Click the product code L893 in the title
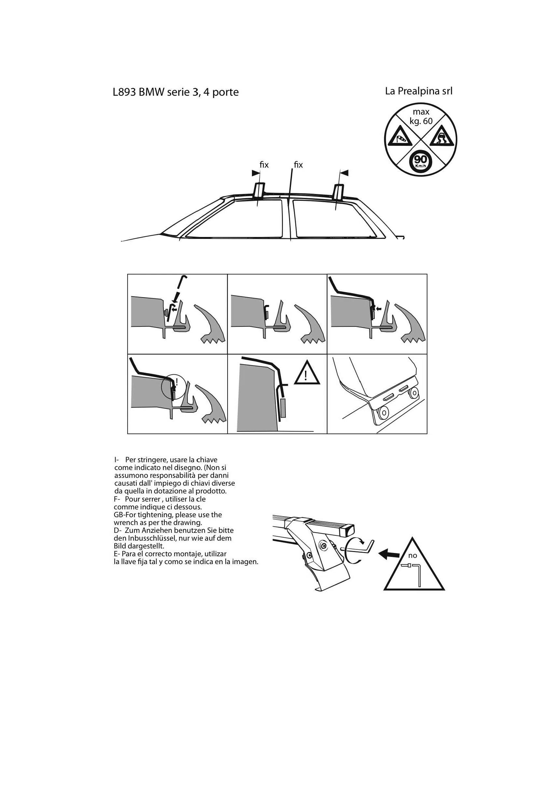click(x=125, y=92)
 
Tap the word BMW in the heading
click(x=152, y=92)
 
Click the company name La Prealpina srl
click(x=419, y=91)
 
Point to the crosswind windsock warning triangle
click(x=400, y=137)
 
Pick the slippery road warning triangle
click(x=442, y=137)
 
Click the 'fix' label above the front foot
click(x=264, y=165)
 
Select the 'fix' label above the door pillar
click(x=298, y=165)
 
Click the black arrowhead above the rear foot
click(x=344, y=173)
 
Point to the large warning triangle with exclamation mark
click(x=307, y=373)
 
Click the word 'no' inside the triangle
click(x=412, y=556)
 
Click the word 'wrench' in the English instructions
click(x=125, y=523)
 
